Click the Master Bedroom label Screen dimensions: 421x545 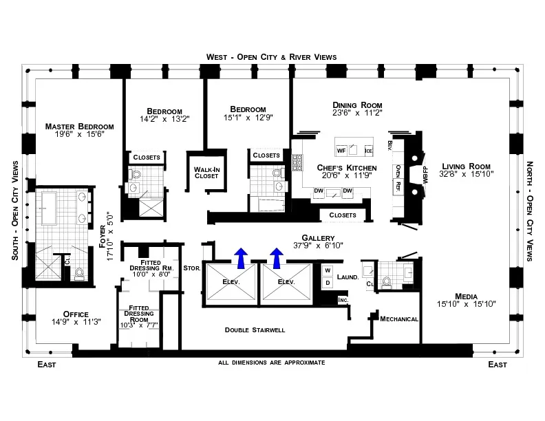[79, 127]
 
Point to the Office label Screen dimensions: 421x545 [76, 313]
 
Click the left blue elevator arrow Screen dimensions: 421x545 [240, 258]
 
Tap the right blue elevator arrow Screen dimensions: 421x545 [277, 258]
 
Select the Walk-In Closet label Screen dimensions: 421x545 [206, 171]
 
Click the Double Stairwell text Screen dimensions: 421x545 [255, 330]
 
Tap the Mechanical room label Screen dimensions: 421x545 [399, 319]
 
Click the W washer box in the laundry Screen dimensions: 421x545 [328, 270]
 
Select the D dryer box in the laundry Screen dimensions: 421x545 [328, 282]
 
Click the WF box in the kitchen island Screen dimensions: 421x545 [341, 150]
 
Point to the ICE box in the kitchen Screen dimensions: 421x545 [368, 151]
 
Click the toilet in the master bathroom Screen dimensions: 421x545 [79, 273]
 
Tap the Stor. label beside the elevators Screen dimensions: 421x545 [191, 269]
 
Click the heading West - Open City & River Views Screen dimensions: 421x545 [272, 56]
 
